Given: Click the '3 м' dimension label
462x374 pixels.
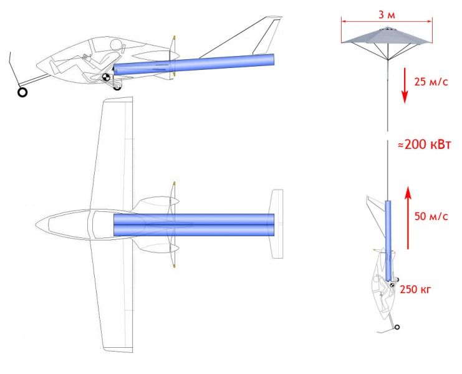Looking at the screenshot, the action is pyautogui.click(x=387, y=14).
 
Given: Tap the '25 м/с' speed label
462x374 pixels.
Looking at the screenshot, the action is pyautogui.click(x=431, y=82).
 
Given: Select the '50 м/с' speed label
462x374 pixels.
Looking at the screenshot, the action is pyautogui.click(x=431, y=216).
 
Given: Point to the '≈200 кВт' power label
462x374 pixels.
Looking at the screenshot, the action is pyautogui.click(x=425, y=145).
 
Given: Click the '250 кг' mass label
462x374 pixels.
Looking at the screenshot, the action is pyautogui.click(x=415, y=289).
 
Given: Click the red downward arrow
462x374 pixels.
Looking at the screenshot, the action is pyautogui.click(x=405, y=85).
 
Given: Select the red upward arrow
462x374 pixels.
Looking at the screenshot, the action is pyautogui.click(x=408, y=218).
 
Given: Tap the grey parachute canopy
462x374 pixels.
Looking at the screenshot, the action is pyautogui.click(x=387, y=36).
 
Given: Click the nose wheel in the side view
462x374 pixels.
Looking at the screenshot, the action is pyautogui.click(x=22, y=92).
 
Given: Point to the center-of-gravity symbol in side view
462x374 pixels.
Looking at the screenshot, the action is pyautogui.click(x=106, y=77).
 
